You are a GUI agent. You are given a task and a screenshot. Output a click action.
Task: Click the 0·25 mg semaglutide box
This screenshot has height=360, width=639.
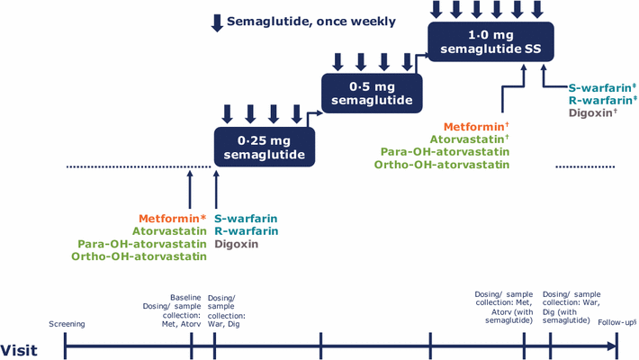tap(265, 148)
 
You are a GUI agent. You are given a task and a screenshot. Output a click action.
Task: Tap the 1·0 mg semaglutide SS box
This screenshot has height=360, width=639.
tap(486, 41)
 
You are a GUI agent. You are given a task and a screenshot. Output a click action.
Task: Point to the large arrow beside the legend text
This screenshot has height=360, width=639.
tap(216, 22)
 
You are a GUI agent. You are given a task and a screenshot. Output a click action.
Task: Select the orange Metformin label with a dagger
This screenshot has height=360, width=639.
tap(476, 127)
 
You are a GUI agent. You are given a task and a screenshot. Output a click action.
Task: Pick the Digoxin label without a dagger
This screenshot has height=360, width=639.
tap(237, 244)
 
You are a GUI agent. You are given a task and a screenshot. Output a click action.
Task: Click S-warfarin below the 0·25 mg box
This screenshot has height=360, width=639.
tap(245, 219)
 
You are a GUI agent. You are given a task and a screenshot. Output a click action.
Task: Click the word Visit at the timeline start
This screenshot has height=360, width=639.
tap(19, 350)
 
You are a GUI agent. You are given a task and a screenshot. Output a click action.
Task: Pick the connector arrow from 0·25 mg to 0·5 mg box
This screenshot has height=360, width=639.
tap(310, 119)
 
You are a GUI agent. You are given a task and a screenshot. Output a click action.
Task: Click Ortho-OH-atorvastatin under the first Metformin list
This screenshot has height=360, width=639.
tap(139, 256)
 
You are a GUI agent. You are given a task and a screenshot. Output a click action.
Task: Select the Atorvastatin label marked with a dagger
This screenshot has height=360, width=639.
tap(469, 139)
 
